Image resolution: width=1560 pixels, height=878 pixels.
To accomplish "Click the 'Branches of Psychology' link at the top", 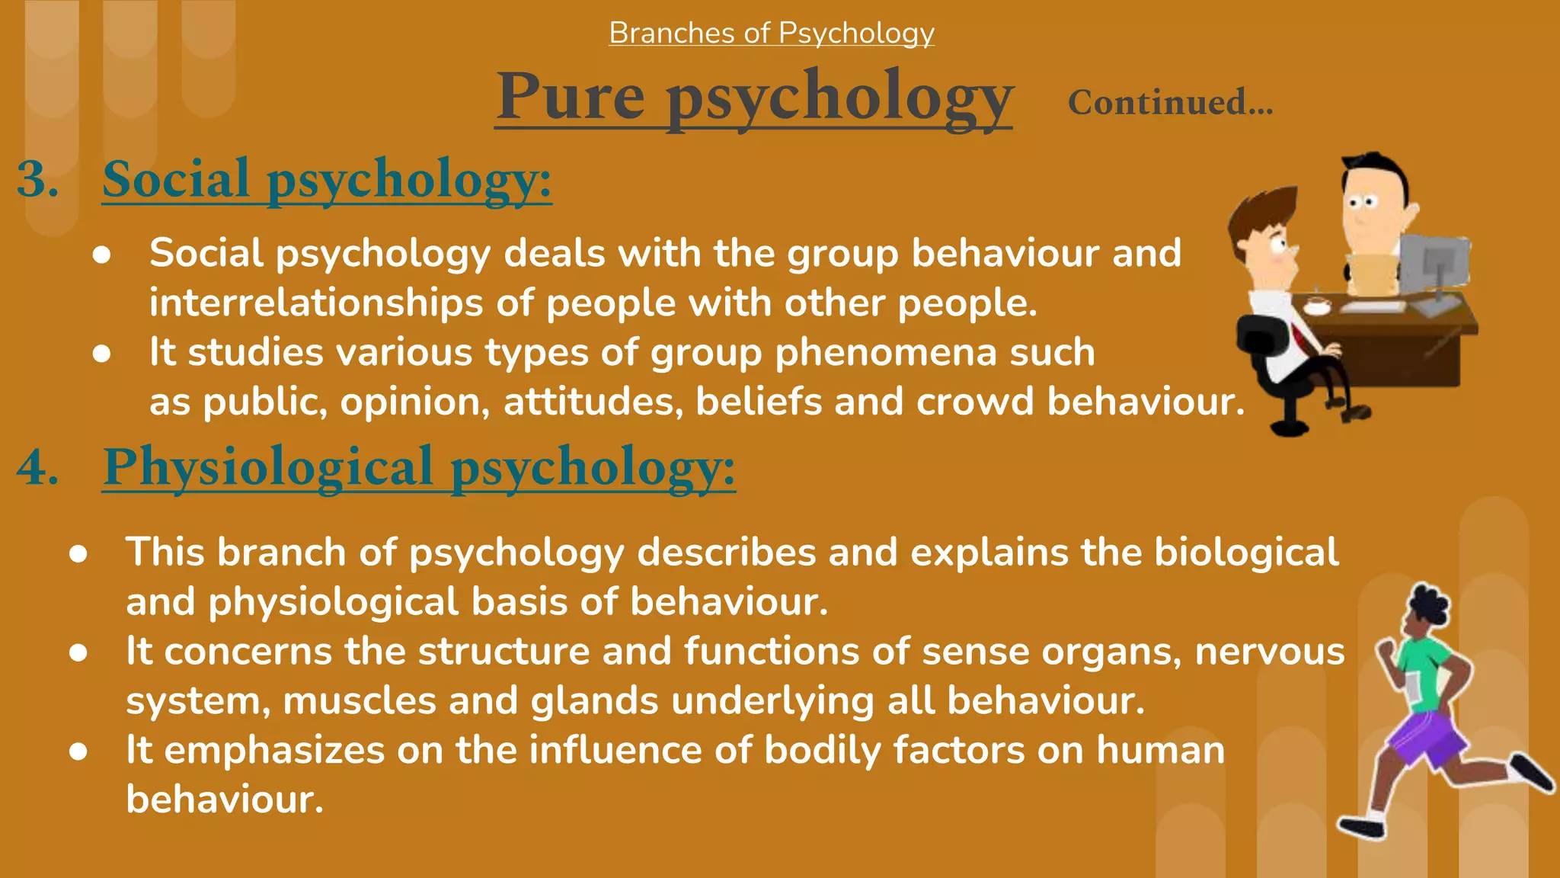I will click(771, 34).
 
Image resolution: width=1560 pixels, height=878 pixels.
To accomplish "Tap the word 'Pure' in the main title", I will click(571, 98).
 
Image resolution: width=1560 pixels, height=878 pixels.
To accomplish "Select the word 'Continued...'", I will click(1170, 103).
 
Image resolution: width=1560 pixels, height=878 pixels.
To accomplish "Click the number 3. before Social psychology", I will click(38, 180).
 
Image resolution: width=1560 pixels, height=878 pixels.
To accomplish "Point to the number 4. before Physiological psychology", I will click(38, 466).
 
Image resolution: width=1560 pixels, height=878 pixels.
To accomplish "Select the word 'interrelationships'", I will click(316, 303).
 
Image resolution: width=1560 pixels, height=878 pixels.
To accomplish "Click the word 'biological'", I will click(1246, 552).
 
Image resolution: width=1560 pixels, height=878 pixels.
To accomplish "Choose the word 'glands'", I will click(594, 701).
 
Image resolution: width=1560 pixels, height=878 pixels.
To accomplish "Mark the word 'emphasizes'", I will click(274, 751).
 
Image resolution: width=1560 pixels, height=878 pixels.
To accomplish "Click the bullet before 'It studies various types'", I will click(101, 354).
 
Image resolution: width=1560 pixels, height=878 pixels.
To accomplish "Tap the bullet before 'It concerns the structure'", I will click(78, 652).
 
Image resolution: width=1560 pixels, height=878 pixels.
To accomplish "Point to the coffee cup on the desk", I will click(1316, 306).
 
